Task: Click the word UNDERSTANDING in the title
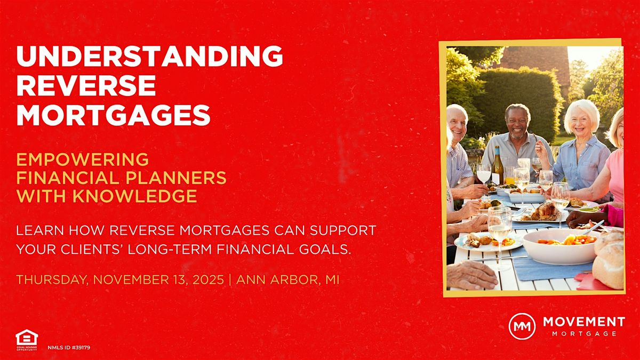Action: tap(149, 57)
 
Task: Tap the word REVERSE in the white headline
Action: tap(86, 85)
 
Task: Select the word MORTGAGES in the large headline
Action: tap(113, 114)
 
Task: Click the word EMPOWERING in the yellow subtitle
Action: tap(83, 159)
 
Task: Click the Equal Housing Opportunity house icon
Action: tap(27, 337)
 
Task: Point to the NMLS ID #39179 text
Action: tap(69, 348)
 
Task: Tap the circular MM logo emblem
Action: tap(522, 326)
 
